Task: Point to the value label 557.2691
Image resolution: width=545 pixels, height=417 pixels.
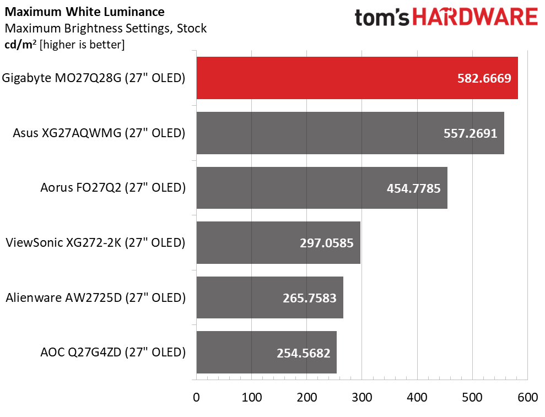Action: (470, 133)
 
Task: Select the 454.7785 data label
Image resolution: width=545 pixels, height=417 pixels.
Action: (414, 188)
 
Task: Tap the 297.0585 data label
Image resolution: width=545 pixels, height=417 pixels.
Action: (327, 242)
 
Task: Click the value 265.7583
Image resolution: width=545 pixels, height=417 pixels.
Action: (309, 297)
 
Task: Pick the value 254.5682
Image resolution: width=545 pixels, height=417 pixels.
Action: (303, 353)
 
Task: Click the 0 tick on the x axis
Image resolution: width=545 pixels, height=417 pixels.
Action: (196, 397)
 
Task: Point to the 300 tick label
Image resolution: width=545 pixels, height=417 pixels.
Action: (362, 397)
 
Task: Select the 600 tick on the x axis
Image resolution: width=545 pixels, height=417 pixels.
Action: (527, 397)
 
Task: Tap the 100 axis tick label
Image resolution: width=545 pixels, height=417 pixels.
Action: (251, 397)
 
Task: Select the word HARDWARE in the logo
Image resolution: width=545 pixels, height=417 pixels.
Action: (475, 18)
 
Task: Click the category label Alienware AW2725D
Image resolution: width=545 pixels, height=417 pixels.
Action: (95, 297)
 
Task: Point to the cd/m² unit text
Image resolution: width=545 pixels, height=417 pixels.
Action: (19, 45)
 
